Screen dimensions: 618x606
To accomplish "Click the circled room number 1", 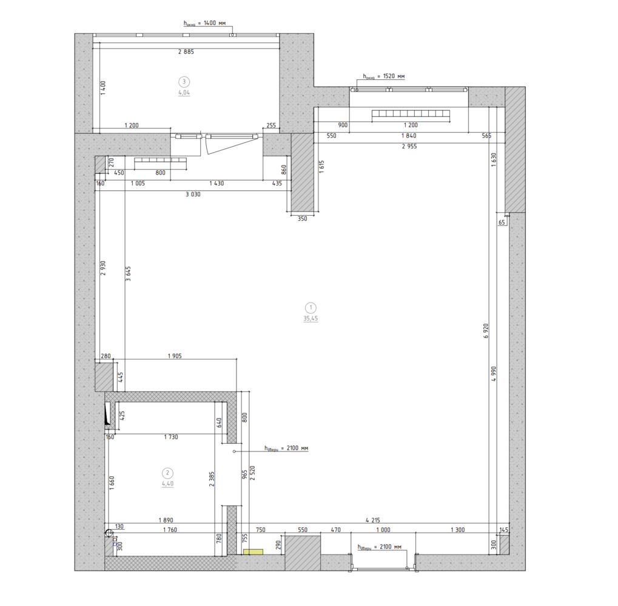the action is (311, 307).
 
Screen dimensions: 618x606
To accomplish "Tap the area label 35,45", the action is (311, 319).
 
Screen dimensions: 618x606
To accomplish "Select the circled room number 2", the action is (167, 473).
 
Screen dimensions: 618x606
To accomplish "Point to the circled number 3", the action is (184, 82).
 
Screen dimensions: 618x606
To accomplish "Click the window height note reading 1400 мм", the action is (205, 23).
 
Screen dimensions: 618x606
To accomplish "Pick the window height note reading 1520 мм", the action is (384, 76).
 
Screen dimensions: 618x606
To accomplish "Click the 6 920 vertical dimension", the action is (486, 331).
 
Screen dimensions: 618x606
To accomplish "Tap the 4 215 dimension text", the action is (372, 520).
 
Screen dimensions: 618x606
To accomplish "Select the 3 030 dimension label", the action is (193, 194).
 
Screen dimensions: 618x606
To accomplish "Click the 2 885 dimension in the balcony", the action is (186, 52).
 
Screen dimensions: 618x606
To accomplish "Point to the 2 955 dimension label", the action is (409, 146).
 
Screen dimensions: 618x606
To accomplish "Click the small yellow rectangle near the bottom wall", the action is (253, 551).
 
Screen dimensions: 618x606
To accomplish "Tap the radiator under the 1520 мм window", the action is (411, 114).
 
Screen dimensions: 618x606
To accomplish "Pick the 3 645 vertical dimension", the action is (128, 274).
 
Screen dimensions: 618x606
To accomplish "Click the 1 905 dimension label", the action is (175, 356).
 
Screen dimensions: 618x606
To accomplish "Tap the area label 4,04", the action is (184, 93).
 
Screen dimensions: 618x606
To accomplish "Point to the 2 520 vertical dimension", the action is (253, 473).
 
